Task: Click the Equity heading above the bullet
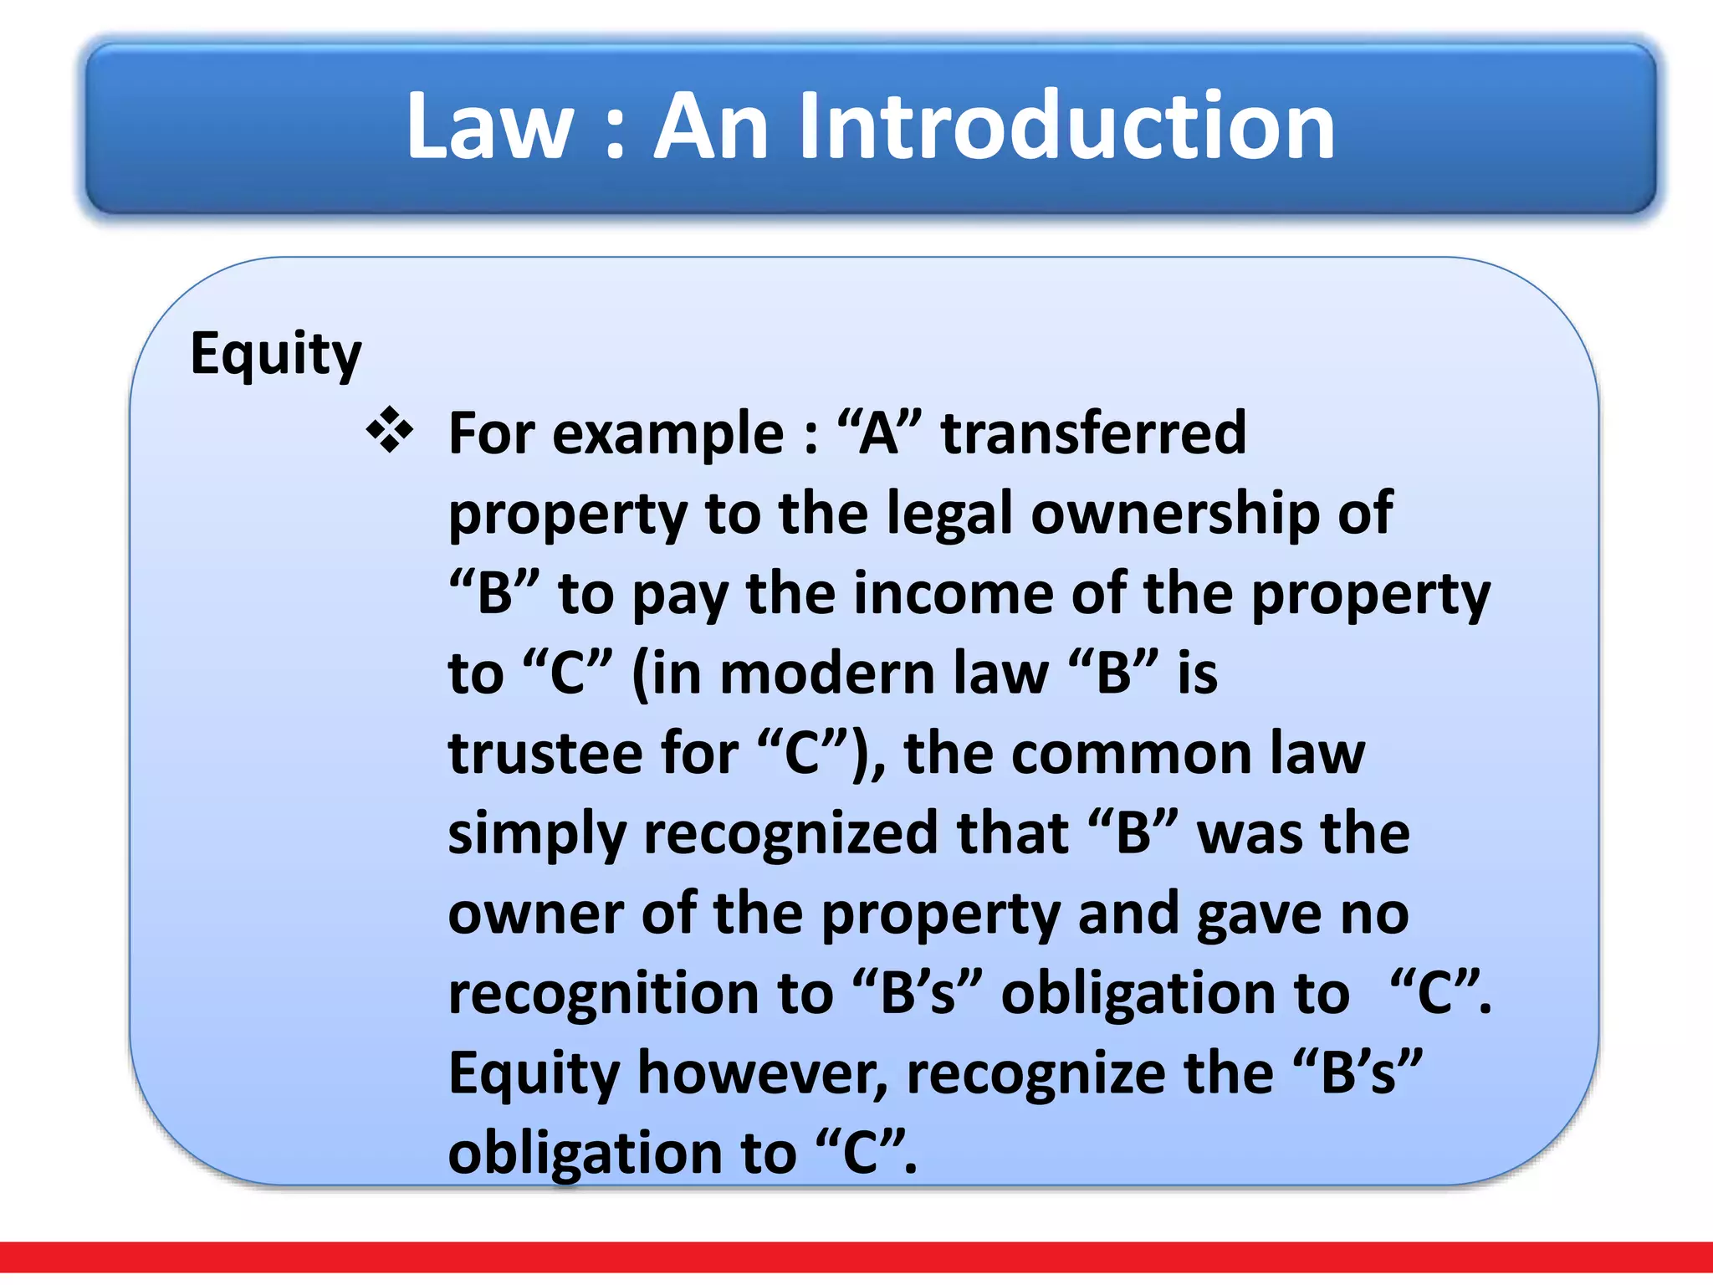[x=275, y=354]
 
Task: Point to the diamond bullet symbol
[x=390, y=430]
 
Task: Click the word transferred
[x=1093, y=433]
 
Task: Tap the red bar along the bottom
[x=856, y=1257]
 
